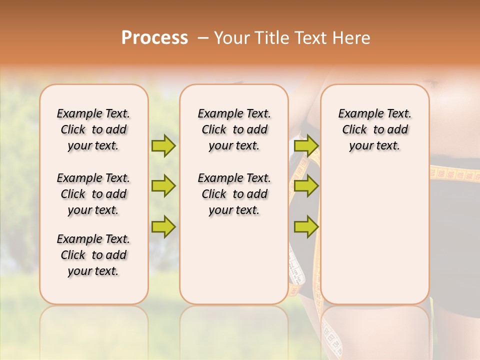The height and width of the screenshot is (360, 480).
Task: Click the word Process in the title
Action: click(x=154, y=38)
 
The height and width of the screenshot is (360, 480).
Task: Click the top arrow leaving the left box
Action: click(x=163, y=145)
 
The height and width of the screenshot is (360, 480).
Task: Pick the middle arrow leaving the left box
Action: click(x=163, y=186)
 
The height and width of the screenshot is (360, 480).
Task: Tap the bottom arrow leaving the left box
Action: click(x=163, y=227)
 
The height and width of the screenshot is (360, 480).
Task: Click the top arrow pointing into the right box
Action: click(x=306, y=145)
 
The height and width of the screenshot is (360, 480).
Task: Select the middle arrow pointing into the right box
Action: click(x=306, y=186)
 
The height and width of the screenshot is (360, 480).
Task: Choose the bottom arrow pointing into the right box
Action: click(x=306, y=227)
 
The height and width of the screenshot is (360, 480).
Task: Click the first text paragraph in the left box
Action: click(x=93, y=129)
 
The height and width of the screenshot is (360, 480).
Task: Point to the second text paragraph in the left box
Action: click(x=93, y=194)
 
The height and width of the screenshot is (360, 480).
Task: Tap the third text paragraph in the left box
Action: click(x=93, y=255)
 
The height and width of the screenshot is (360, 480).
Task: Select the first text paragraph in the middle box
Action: click(x=234, y=129)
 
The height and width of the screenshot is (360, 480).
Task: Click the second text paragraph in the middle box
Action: click(x=234, y=194)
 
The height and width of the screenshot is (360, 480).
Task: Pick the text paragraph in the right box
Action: click(x=374, y=129)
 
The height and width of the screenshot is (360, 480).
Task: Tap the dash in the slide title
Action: click(x=203, y=38)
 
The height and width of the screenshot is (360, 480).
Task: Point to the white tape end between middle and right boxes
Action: click(x=296, y=270)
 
